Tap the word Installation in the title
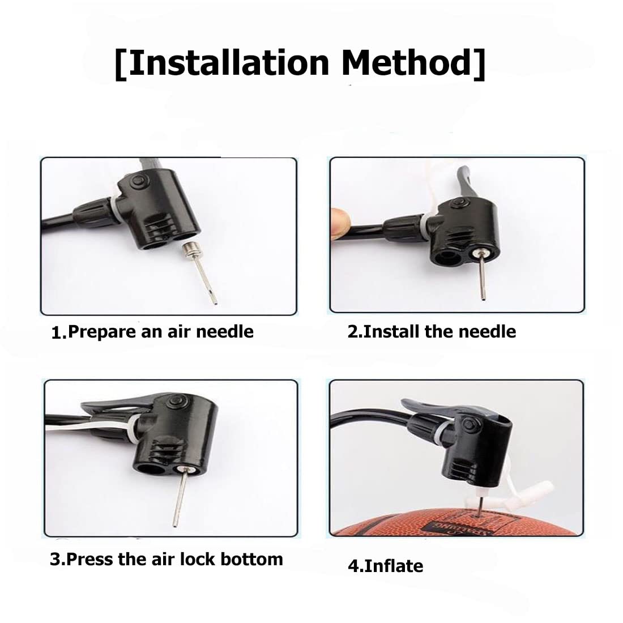(x=228, y=62)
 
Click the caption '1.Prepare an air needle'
(x=152, y=332)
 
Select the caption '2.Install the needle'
(x=432, y=331)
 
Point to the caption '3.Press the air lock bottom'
(x=167, y=560)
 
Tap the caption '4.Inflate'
(x=385, y=566)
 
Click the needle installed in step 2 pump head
(x=481, y=274)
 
